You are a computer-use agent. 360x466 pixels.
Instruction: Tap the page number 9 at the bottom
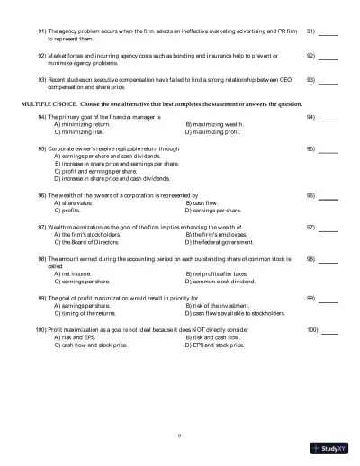179,435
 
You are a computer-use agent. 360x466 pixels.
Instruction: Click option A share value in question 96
76,203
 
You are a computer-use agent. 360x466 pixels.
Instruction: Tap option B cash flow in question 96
206,203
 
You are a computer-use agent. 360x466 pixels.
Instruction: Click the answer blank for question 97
328,229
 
